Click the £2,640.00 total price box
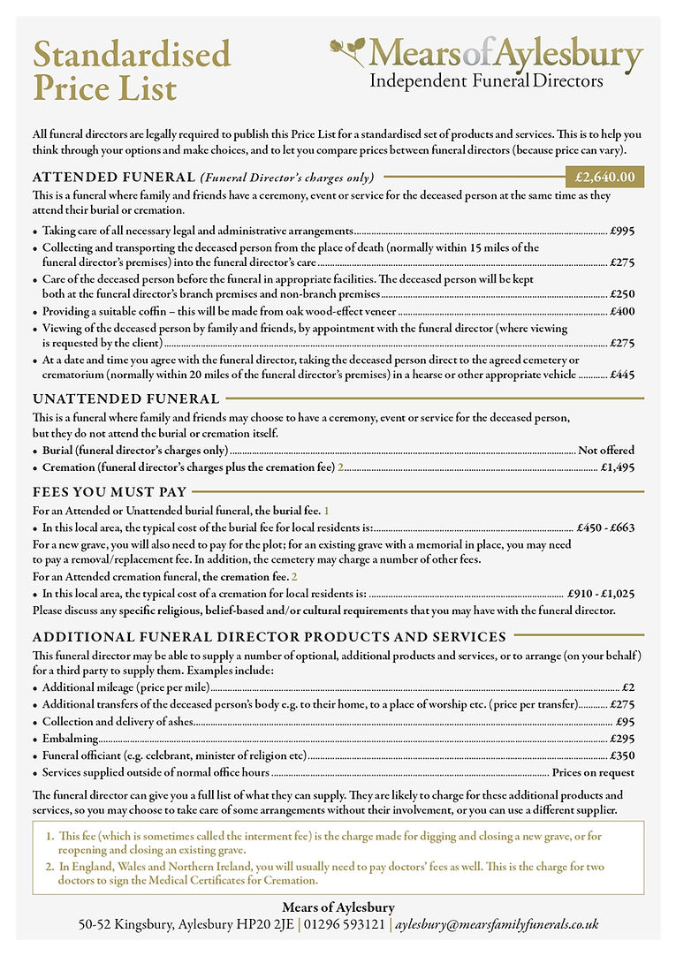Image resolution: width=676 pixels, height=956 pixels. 604,178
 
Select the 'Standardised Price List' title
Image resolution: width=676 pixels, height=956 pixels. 132,71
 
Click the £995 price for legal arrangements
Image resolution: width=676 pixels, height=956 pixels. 622,231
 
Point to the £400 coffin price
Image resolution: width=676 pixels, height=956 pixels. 622,312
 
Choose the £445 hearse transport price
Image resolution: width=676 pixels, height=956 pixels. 622,375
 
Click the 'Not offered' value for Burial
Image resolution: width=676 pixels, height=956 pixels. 606,451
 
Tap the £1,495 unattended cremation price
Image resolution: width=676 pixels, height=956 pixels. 617,467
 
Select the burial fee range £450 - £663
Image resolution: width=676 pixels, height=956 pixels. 604,527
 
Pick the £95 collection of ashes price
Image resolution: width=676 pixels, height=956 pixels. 625,721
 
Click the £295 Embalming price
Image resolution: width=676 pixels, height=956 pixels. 622,739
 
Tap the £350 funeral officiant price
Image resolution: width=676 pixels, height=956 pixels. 622,755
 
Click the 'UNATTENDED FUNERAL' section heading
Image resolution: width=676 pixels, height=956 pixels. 113,398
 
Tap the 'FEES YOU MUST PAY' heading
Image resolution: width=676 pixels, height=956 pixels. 110,492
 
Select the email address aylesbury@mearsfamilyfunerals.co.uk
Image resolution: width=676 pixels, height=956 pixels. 496,924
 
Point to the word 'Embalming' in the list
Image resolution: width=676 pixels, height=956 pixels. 71,739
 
